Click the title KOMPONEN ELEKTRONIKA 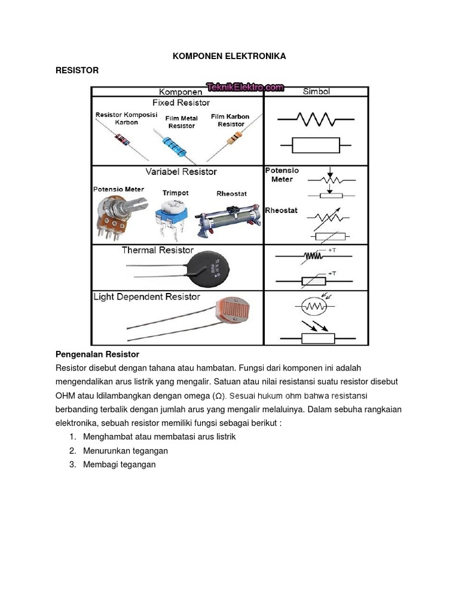click(229, 56)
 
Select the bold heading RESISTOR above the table click(76, 70)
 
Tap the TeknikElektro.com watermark click(245, 88)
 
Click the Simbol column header click(316, 92)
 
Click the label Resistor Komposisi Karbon click(126, 118)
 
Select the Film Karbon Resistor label click(230, 120)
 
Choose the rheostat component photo click(228, 220)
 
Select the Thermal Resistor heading click(158, 250)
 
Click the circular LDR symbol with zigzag click(313, 307)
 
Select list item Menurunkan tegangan click(126, 450)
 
